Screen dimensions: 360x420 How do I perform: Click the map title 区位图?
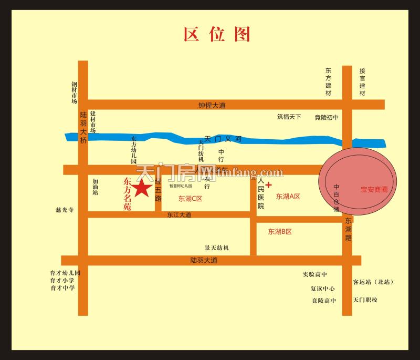tap(217, 34)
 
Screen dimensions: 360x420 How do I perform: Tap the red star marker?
tap(141, 188)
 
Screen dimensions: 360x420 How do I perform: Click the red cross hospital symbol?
tap(269, 185)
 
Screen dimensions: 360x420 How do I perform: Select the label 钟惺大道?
tap(212, 106)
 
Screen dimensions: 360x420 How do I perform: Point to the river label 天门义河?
tap(223, 139)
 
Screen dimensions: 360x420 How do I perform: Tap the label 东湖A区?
tap(288, 197)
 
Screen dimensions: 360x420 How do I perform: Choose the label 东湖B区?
tap(280, 232)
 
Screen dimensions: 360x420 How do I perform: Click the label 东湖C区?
tap(190, 199)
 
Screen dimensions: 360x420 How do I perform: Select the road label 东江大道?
tap(180, 215)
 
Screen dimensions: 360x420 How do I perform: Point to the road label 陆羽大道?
tap(204, 261)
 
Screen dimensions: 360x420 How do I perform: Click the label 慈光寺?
tap(65, 210)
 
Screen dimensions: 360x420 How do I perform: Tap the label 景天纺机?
tap(217, 248)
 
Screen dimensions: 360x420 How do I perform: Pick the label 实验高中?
tap(314, 274)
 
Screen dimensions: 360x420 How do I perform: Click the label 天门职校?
tap(365, 300)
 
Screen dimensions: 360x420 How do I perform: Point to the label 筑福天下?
tap(289, 117)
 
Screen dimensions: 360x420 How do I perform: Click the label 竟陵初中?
tap(327, 117)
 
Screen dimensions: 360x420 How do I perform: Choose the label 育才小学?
tap(62, 281)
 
